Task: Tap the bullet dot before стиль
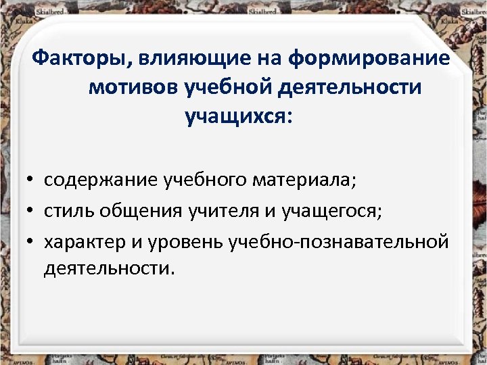pyautogui.click(x=32, y=212)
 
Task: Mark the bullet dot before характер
pyautogui.click(x=32, y=241)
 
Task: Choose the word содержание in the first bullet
pyautogui.click(x=101, y=181)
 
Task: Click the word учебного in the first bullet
pyautogui.click(x=206, y=181)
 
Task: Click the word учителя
pyautogui.click(x=222, y=211)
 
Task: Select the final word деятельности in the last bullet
pyautogui.click(x=109, y=268)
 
